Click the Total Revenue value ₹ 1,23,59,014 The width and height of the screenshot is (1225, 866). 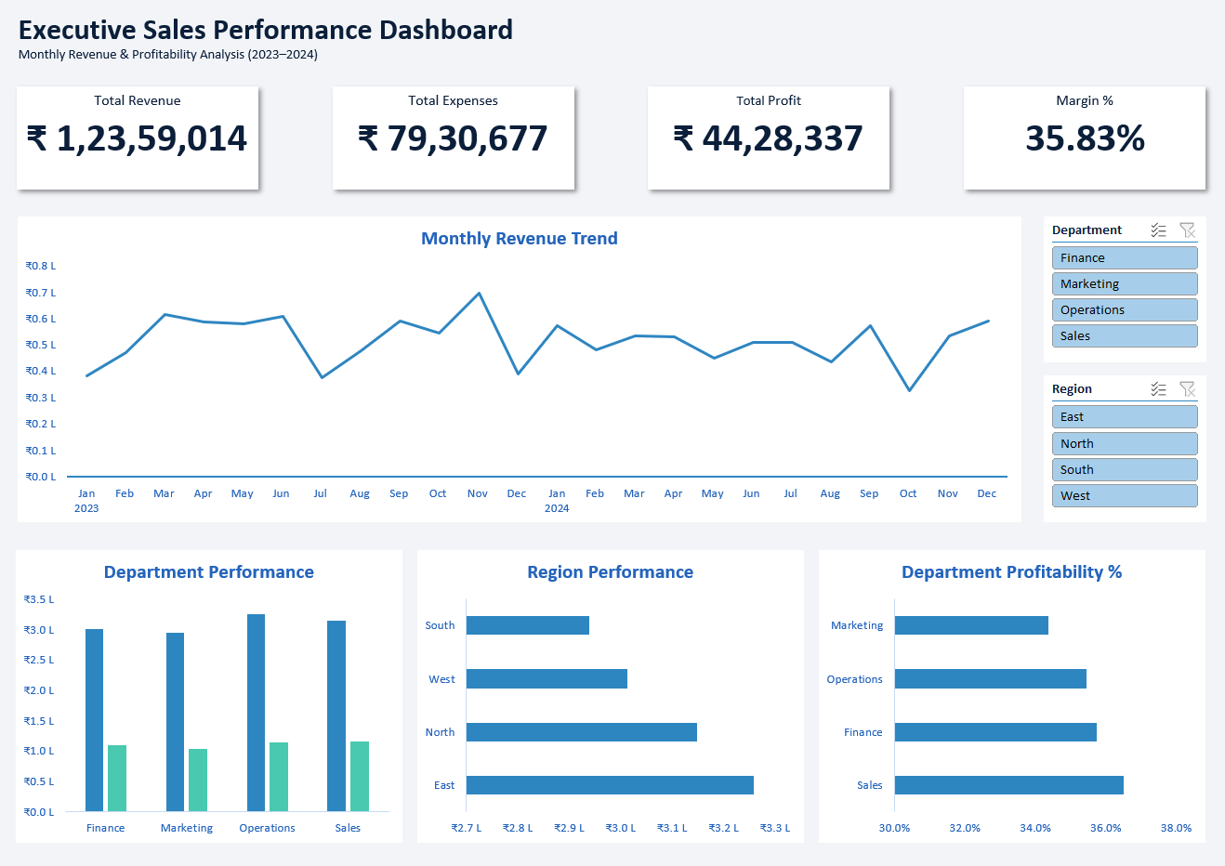point(138,138)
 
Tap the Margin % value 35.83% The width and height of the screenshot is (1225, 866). point(1085,138)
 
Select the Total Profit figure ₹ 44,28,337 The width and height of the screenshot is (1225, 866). point(769,138)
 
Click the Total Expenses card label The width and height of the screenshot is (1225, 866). point(453,100)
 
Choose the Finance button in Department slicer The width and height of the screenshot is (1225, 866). point(1124,257)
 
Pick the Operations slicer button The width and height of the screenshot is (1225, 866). point(1124,309)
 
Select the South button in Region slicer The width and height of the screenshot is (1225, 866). point(1124,469)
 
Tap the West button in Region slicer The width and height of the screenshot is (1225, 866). point(1124,495)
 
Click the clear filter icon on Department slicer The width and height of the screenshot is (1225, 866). point(1187,230)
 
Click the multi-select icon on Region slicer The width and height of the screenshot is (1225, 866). point(1158,388)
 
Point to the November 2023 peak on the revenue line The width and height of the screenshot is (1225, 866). point(479,294)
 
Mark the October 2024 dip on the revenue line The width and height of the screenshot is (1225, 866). point(909,390)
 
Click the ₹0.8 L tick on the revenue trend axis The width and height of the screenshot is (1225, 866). point(41,266)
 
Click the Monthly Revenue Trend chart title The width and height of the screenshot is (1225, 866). point(519,239)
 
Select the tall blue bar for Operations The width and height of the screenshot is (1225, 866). point(256,712)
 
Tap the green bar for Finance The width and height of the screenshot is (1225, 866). point(117,778)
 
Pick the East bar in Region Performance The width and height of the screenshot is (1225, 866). point(610,785)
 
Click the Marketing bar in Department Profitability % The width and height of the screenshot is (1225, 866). point(971,625)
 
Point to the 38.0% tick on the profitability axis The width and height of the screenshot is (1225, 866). point(1176,828)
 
